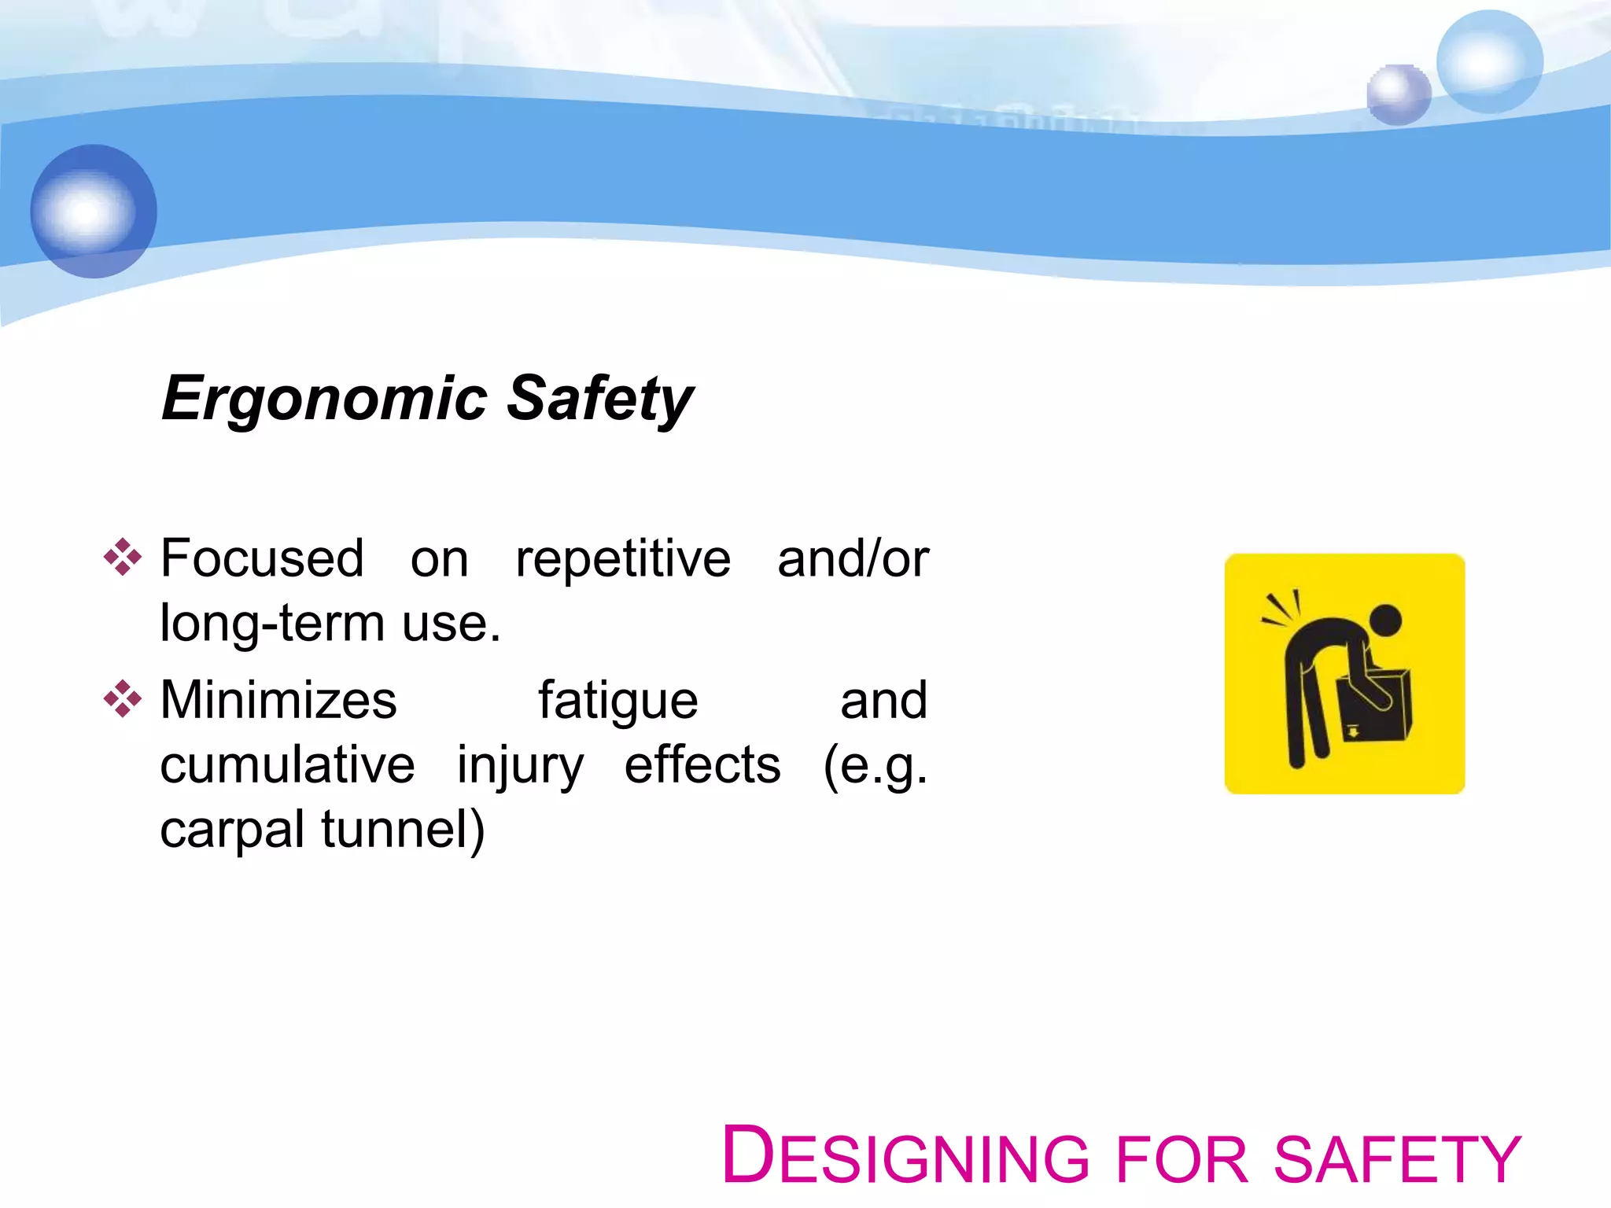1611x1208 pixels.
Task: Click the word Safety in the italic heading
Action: pyautogui.click(x=599, y=399)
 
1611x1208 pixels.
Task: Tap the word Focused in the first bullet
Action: pyautogui.click(x=262, y=559)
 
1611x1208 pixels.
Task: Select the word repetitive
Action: pyautogui.click(x=623, y=559)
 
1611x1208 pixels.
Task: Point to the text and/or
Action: pyautogui.click(x=853, y=559)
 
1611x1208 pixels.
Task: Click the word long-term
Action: pyautogui.click(x=272, y=624)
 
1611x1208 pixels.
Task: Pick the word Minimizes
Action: pyautogui.click(x=278, y=700)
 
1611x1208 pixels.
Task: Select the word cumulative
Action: pyautogui.click(x=287, y=765)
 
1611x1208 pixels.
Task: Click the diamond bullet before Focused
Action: pyautogui.click(x=123, y=558)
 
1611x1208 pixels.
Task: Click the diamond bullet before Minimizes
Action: pyautogui.click(x=123, y=698)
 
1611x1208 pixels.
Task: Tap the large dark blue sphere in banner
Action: pyautogui.click(x=94, y=211)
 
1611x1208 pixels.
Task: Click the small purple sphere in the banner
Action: pyautogui.click(x=1398, y=95)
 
